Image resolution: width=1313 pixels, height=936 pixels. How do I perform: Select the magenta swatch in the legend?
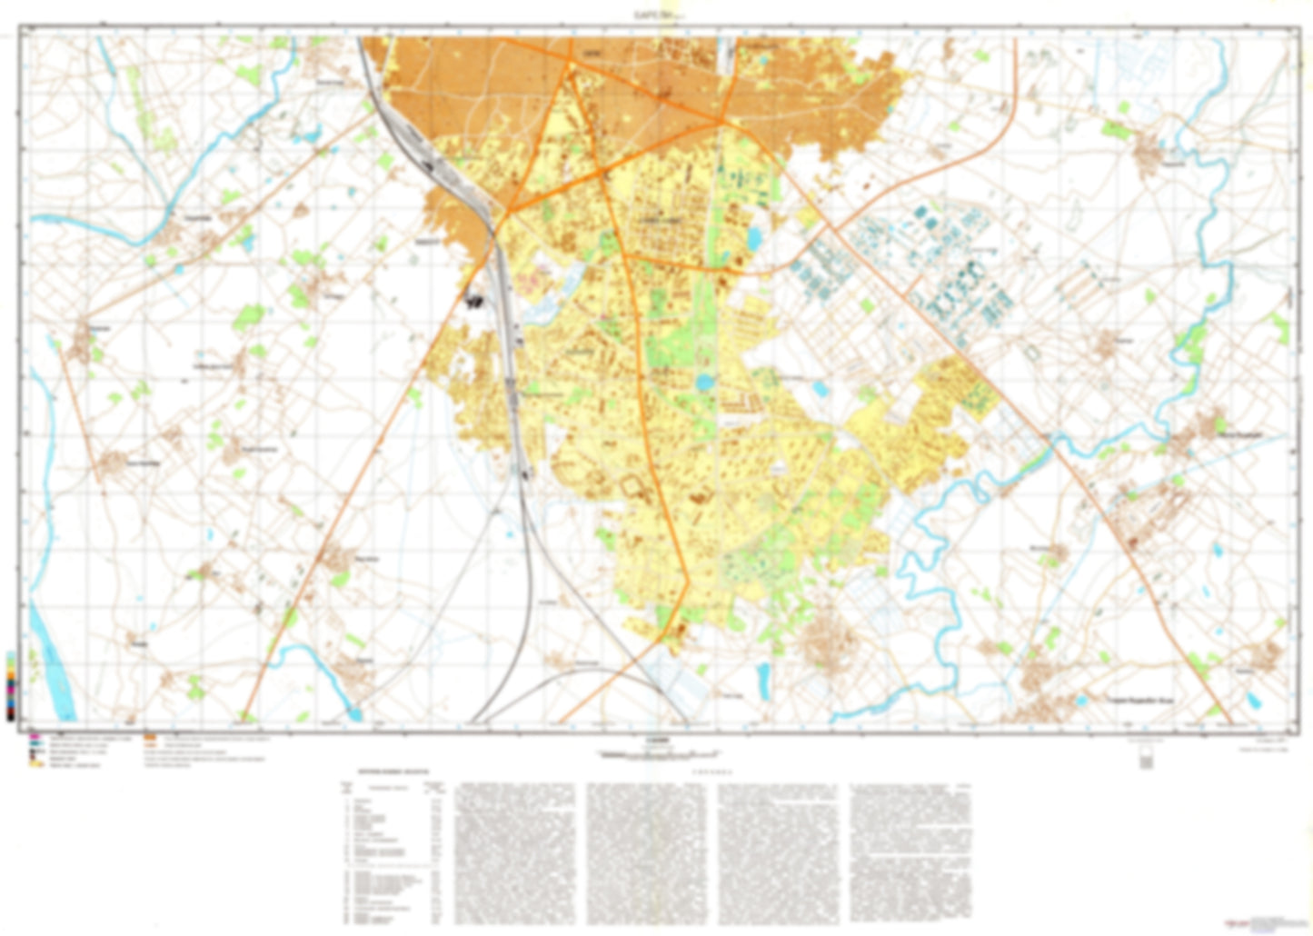(x=35, y=735)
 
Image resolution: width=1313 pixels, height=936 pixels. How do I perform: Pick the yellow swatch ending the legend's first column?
(x=36, y=764)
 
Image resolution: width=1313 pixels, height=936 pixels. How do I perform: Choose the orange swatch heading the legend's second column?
(x=150, y=737)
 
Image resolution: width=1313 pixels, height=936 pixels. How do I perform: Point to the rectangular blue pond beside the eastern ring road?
(x=753, y=239)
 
